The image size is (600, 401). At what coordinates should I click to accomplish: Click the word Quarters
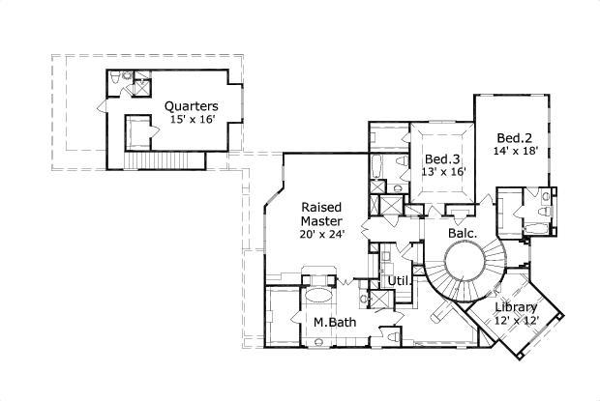[191, 105]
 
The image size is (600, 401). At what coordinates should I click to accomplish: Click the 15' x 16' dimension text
[191, 119]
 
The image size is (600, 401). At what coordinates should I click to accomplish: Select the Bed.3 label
[442, 158]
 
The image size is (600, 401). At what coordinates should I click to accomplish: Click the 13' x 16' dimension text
[445, 172]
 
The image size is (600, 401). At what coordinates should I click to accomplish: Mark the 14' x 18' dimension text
[515, 151]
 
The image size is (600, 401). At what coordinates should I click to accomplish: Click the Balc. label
[462, 233]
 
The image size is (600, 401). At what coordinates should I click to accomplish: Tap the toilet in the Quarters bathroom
[115, 76]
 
